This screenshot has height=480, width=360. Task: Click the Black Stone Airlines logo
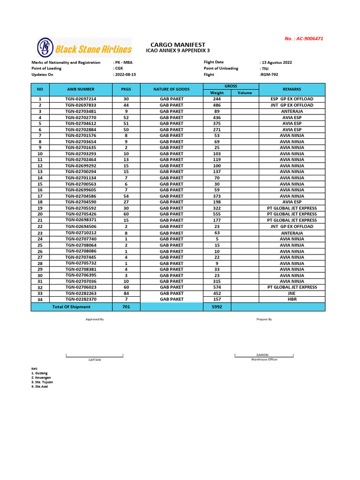84,48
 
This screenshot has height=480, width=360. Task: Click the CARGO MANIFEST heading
178,44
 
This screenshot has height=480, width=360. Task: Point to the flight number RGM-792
270,75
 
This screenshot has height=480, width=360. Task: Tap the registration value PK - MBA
123,62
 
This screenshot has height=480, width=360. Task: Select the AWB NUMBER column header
80,89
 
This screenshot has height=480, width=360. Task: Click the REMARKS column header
292,89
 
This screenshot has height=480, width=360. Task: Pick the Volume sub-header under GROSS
245,93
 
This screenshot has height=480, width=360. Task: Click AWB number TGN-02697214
80,99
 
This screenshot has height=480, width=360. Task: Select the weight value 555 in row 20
217,214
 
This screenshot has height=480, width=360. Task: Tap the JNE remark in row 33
292,293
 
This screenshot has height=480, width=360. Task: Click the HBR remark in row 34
292,299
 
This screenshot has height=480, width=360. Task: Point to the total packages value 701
126,307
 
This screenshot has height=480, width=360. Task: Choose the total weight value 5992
217,307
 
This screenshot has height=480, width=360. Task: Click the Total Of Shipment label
71,307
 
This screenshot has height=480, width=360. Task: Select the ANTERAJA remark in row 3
292,112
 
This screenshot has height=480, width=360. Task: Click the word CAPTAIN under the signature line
95,360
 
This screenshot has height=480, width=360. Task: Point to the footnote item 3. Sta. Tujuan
42,382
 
